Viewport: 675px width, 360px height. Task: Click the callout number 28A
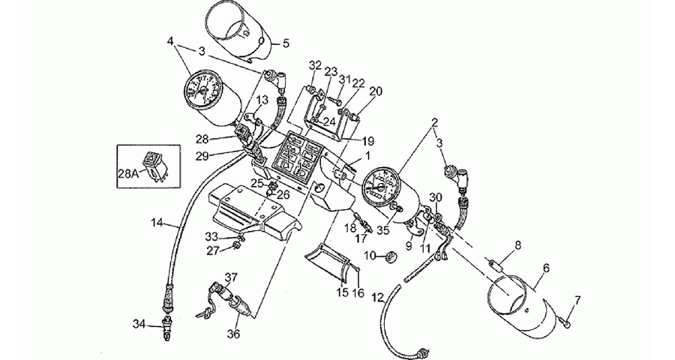tap(128, 174)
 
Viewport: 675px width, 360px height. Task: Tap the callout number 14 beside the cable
tap(157, 223)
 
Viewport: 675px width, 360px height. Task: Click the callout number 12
tap(377, 298)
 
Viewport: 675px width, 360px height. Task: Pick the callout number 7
tap(577, 299)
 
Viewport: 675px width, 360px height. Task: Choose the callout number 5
tap(286, 43)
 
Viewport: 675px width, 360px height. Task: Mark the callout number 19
tap(368, 141)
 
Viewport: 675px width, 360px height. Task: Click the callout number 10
tap(370, 256)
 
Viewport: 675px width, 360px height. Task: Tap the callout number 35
tap(382, 231)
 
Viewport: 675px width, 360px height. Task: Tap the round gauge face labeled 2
tap(381, 187)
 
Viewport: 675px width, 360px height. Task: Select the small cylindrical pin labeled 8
tap(499, 263)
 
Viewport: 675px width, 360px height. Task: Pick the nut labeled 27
tap(236, 245)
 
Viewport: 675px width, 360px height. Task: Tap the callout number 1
tap(367, 154)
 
